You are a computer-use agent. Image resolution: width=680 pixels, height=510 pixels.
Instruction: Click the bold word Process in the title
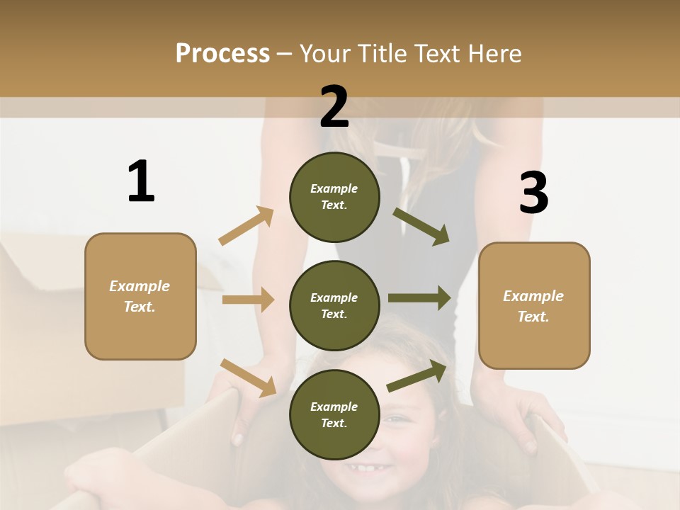click(222, 53)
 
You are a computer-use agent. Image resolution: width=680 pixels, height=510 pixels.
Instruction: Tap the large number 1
click(141, 181)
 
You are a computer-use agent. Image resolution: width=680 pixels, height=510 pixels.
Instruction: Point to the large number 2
click(334, 107)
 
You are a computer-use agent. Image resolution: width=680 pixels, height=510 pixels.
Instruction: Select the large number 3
click(533, 193)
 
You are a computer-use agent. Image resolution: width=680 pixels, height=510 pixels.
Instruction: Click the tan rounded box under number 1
click(140, 296)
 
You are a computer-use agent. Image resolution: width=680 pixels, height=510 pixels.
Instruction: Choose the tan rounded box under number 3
click(534, 306)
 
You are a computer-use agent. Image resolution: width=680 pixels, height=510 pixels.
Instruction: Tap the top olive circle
click(334, 197)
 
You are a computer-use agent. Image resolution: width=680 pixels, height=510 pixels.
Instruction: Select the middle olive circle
click(334, 305)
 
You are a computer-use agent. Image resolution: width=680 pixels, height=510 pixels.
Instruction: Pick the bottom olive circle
click(334, 414)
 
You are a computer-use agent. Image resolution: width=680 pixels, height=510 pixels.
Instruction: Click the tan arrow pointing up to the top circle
click(246, 226)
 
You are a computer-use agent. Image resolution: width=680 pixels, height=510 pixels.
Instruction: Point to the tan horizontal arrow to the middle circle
click(248, 300)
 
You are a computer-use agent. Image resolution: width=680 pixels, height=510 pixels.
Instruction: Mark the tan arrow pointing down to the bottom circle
click(249, 377)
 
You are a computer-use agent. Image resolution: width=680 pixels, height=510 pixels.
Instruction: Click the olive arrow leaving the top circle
click(421, 226)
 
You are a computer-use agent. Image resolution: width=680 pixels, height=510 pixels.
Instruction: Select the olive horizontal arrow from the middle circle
click(419, 298)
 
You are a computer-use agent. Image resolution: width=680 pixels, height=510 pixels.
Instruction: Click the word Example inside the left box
click(140, 286)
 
